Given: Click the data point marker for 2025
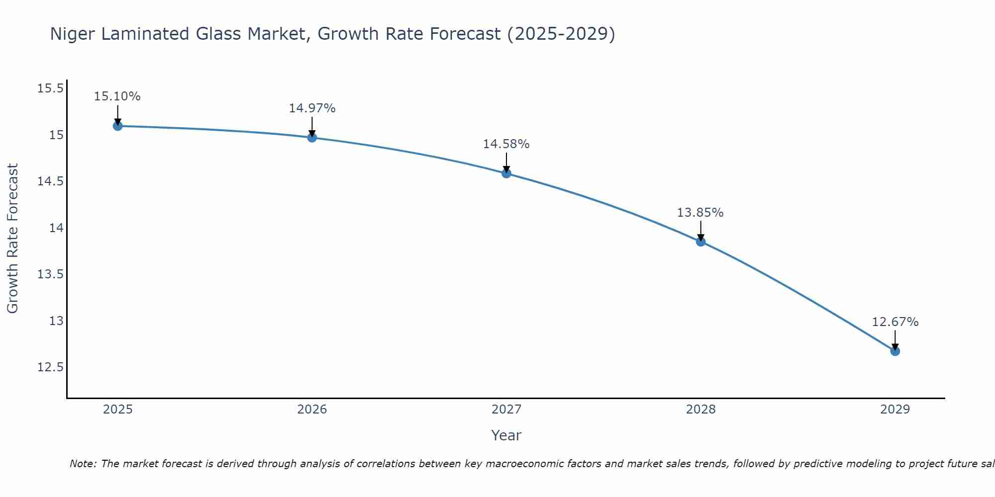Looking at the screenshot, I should [117, 126].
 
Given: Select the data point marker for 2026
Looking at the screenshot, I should [312, 137].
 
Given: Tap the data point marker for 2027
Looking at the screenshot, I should [506, 173].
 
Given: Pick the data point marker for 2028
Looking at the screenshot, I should [700, 242].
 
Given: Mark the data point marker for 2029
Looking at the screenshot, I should [895, 351].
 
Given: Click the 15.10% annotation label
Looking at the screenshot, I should [117, 96].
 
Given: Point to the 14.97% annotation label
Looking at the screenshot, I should [312, 108].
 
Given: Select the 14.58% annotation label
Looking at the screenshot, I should [506, 144].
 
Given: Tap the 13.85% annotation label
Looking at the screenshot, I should [700, 213].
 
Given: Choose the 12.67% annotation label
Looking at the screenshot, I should [895, 322].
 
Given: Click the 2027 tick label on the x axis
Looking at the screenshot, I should [506, 410].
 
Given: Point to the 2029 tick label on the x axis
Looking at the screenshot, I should [895, 410].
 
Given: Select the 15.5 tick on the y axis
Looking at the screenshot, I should [50, 88].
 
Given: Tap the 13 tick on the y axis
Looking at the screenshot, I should [56, 321].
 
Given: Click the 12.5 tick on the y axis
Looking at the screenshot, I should [50, 367].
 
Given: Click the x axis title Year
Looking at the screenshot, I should [506, 435].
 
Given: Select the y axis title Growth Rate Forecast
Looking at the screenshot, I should [12, 238].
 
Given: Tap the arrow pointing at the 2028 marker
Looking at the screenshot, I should [700, 232].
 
